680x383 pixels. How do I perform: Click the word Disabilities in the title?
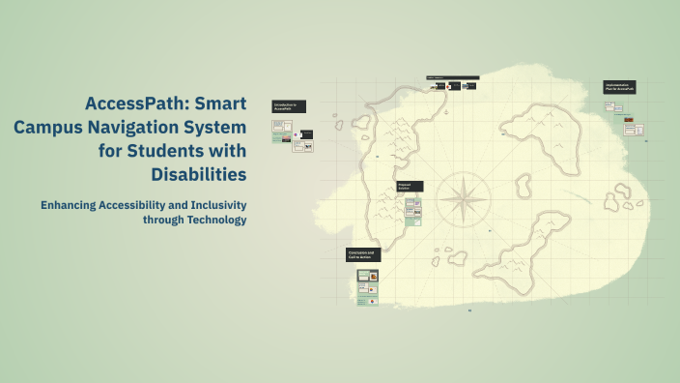[199, 174]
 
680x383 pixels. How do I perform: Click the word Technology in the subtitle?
[212, 220]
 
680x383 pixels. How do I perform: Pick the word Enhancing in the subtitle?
[70, 205]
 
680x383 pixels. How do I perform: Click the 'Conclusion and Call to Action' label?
[362, 255]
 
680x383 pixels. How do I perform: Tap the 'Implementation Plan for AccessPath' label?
[619, 87]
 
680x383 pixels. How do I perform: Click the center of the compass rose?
[463, 199]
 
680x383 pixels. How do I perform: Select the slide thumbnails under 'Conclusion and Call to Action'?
[367, 287]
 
